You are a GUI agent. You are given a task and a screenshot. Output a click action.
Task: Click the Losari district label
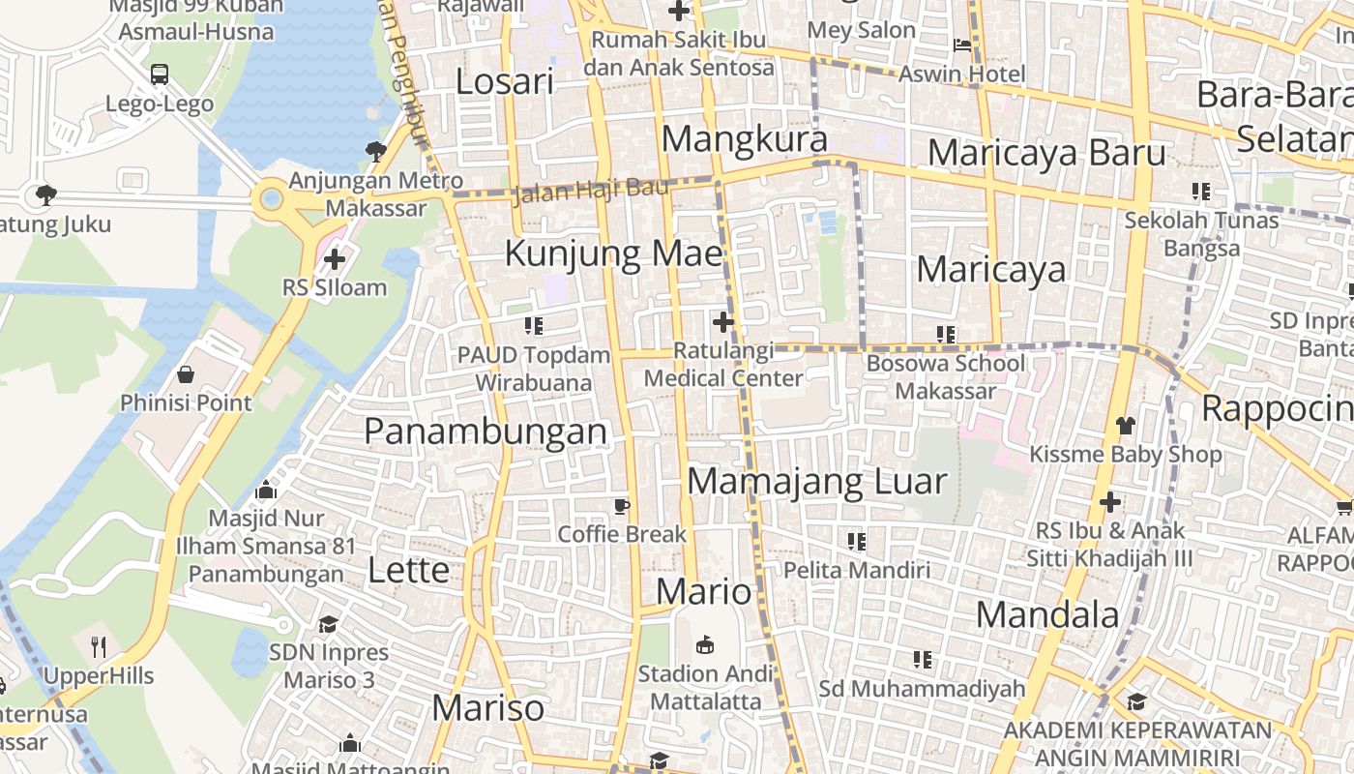coord(505,82)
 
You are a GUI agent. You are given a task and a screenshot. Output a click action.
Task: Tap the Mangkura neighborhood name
coord(745,139)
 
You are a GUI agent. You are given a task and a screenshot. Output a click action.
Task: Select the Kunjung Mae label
coord(614,253)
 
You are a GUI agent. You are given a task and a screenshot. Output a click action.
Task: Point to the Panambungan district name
coord(486,432)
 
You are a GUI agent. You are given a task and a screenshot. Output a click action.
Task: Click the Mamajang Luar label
coord(817,481)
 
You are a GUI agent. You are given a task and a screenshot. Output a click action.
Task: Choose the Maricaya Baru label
coord(1046,153)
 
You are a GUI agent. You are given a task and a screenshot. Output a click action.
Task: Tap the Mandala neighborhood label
coord(1047,614)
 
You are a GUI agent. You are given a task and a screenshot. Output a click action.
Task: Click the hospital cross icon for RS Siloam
coord(335,259)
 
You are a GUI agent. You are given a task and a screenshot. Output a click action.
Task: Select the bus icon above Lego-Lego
coord(160,74)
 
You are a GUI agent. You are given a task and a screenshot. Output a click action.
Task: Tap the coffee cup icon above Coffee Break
coord(622,506)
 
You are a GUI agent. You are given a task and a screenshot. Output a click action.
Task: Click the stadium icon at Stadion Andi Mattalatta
coord(706,644)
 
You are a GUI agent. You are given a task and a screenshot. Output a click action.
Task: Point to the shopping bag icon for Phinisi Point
coord(186,374)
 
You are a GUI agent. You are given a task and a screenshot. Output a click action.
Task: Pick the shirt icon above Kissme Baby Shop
coord(1125,425)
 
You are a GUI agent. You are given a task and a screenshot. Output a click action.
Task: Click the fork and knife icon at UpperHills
coord(98,646)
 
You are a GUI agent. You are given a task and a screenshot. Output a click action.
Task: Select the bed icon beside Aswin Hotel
coord(962,45)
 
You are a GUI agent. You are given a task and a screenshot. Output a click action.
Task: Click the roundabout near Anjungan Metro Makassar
coord(270,200)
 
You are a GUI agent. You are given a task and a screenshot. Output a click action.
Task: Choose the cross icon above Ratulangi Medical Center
coord(722,321)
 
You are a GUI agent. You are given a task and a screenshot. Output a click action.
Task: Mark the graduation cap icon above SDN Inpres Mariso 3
coord(329,624)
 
